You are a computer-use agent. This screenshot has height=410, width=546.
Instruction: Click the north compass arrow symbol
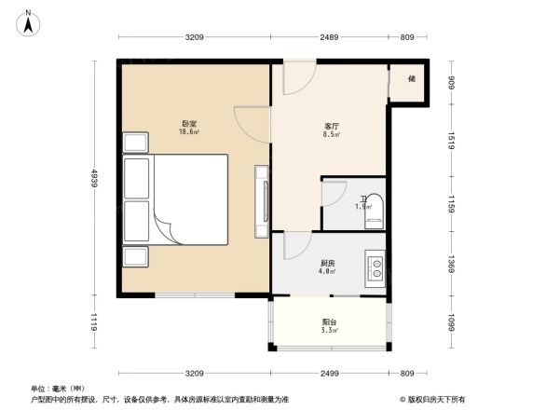(30, 20)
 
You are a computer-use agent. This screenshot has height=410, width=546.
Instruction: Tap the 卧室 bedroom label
(188, 124)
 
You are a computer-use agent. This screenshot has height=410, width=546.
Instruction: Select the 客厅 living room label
(331, 126)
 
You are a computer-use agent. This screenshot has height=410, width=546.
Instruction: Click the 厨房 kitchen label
(327, 264)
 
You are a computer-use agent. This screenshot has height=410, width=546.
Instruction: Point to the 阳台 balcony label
(329, 322)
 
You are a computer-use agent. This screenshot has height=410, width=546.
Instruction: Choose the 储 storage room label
(410, 79)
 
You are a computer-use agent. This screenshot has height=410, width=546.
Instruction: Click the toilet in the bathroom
(373, 212)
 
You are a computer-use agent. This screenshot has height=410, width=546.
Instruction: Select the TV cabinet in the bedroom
(262, 200)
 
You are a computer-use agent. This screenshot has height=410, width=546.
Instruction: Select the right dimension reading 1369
(450, 264)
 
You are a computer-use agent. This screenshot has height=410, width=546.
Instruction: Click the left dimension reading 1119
(95, 322)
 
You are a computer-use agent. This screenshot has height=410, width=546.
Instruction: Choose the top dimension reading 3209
(194, 37)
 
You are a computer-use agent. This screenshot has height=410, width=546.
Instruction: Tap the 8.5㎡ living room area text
(331, 134)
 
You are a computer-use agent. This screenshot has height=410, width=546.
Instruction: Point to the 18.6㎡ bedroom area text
(188, 132)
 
